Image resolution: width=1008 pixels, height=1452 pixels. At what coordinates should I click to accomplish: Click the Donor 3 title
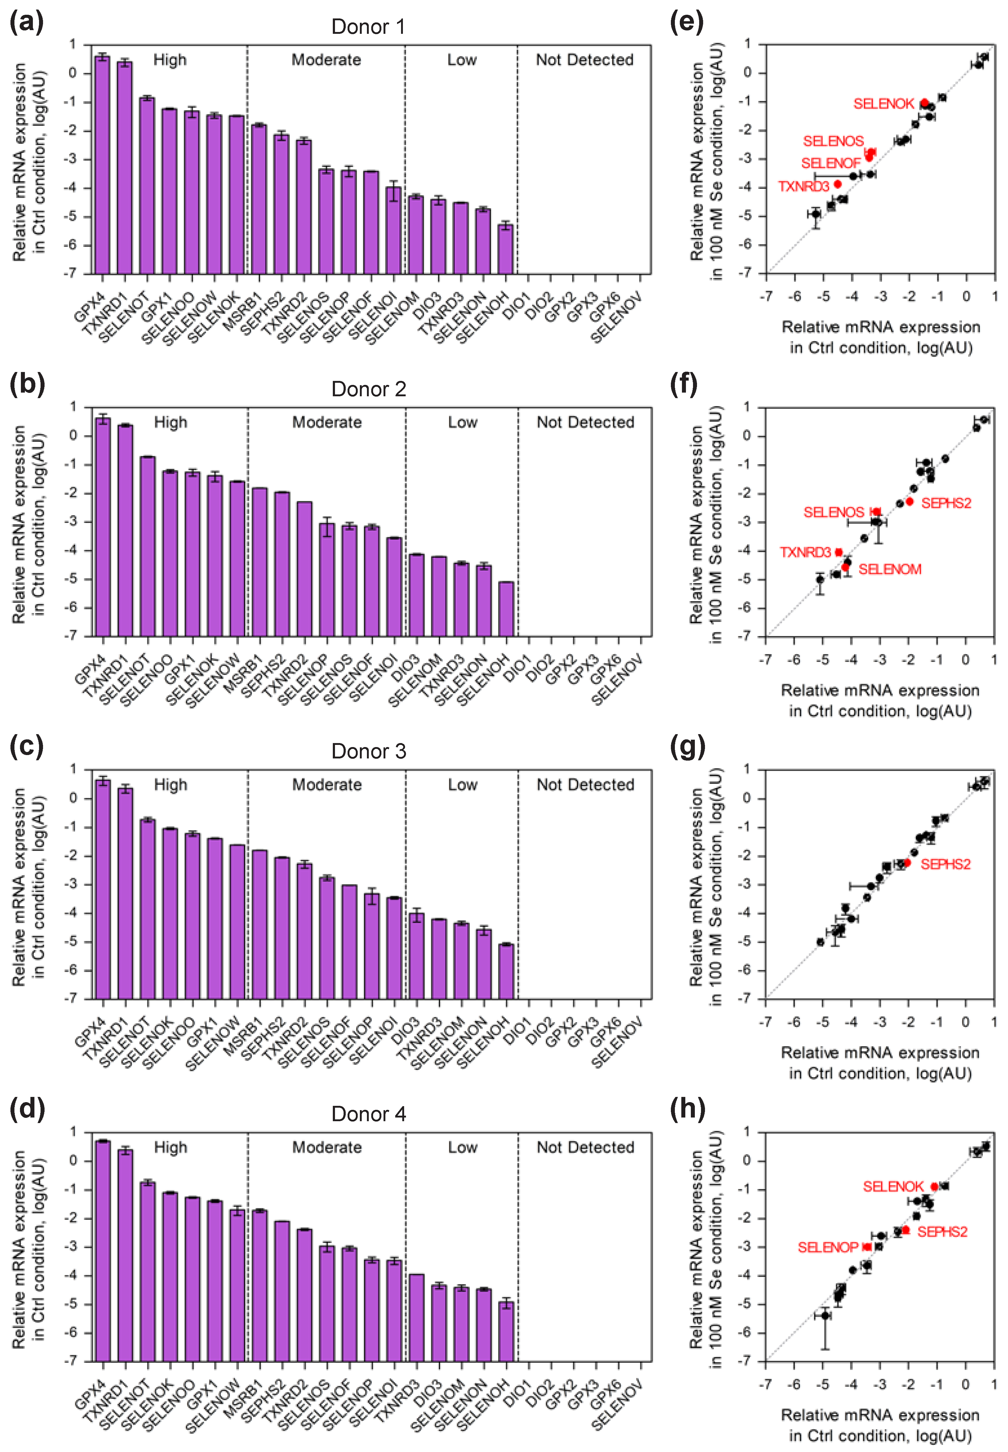point(369,751)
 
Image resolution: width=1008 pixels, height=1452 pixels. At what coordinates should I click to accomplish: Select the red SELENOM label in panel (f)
point(889,569)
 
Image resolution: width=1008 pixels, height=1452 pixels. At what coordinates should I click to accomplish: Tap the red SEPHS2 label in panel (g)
point(945,864)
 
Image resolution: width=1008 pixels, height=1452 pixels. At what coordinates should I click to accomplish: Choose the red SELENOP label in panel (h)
point(827,1247)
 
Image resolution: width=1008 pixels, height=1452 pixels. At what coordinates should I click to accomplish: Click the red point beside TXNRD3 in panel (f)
point(839,552)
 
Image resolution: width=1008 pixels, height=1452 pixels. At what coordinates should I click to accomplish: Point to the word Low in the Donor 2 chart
point(462,423)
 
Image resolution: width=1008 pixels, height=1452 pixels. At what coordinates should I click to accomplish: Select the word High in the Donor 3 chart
point(171,785)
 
